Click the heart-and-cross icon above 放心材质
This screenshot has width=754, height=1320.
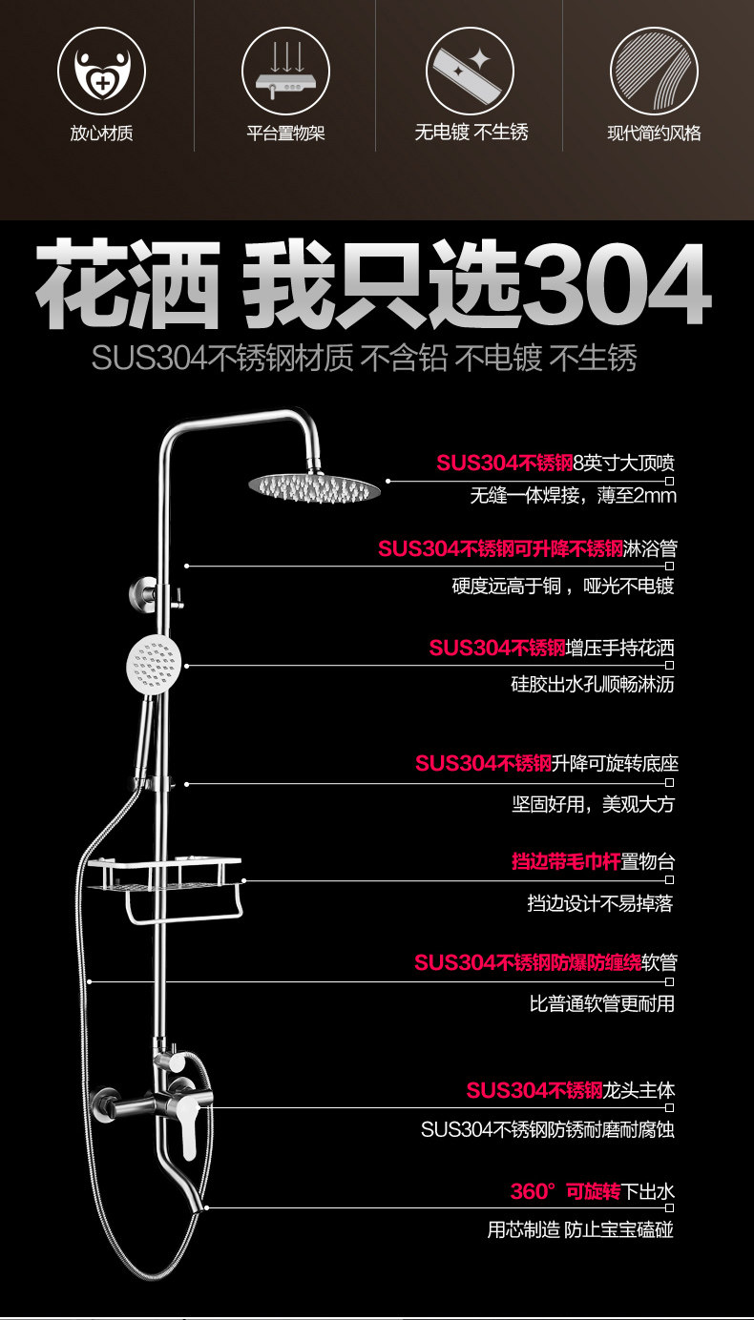pyautogui.click(x=101, y=71)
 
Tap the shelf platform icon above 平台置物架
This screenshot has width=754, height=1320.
pyautogui.click(x=285, y=71)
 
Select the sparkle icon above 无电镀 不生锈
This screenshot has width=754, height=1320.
pyautogui.click(x=470, y=71)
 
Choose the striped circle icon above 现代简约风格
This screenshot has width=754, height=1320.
pyautogui.click(x=654, y=71)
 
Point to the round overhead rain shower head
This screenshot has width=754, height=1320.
pyautogui.click(x=315, y=487)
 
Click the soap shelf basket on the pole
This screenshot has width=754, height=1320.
pyautogui.click(x=165, y=875)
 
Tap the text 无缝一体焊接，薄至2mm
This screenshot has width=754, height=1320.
pyautogui.click(x=572, y=496)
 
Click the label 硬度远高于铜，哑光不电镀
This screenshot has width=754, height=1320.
pyautogui.click(x=562, y=586)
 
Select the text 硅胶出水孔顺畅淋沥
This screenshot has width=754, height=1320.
pyautogui.click(x=592, y=685)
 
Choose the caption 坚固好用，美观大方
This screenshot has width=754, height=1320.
pyautogui.click(x=592, y=804)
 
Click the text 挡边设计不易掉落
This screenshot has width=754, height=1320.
pyautogui.click(x=599, y=903)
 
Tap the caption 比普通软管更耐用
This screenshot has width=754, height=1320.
pyautogui.click(x=601, y=1003)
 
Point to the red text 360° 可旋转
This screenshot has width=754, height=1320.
pyautogui.click(x=565, y=1191)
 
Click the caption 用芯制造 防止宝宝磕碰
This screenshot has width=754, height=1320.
pyautogui.click(x=580, y=1229)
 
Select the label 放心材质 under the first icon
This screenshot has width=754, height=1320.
pyautogui.click(x=101, y=133)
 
